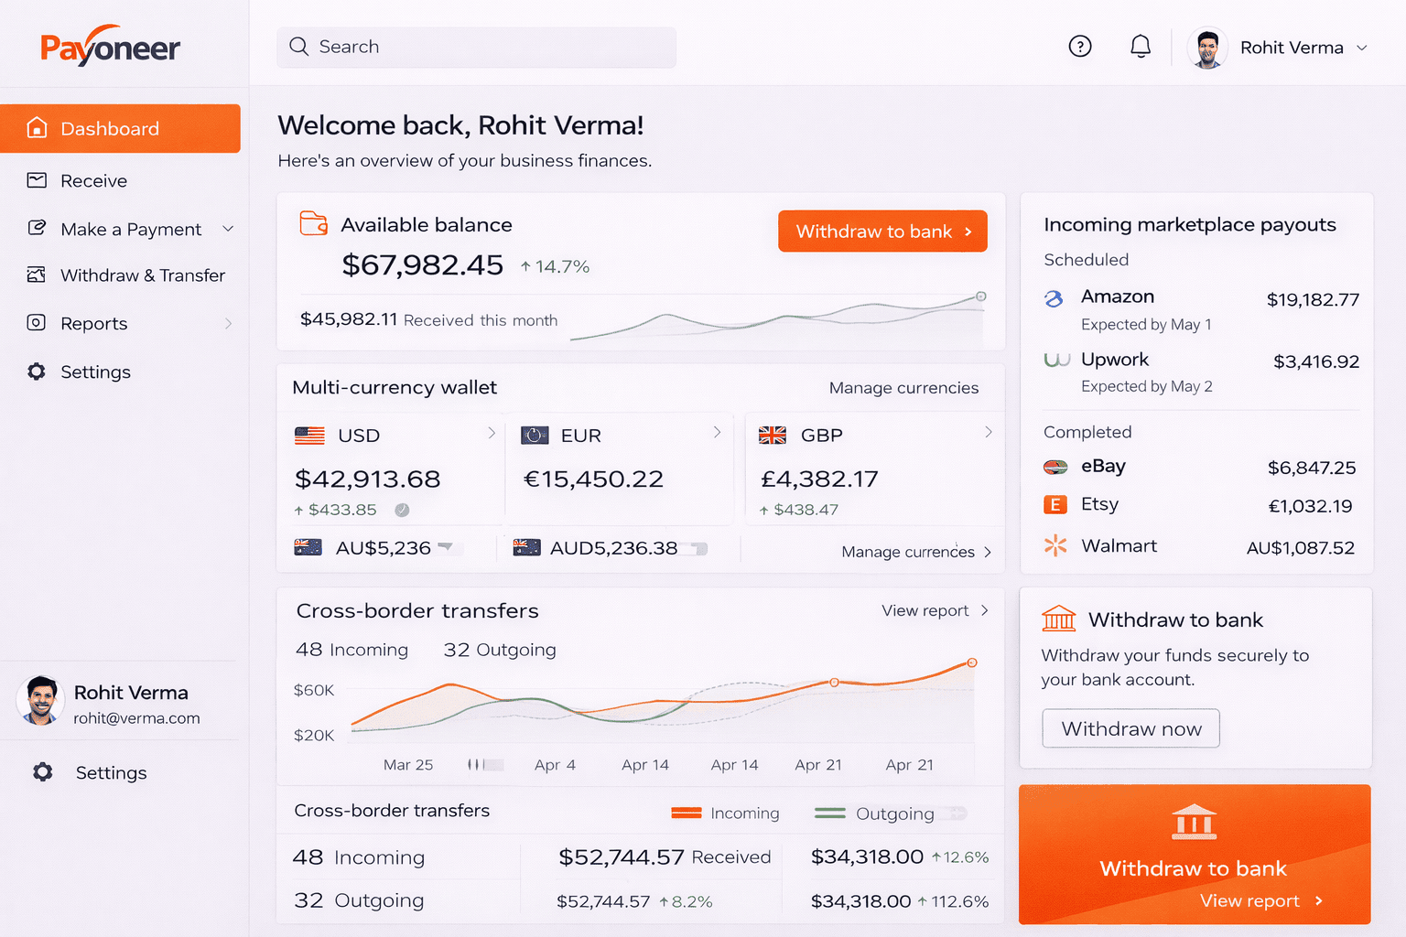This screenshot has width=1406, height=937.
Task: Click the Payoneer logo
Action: coord(110,47)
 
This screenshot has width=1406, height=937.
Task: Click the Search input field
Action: coord(476,47)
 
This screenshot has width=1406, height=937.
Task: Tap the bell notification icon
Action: coord(1140,46)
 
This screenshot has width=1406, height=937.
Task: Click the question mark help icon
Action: coord(1080,46)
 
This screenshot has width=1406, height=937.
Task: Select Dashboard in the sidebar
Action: coord(121,129)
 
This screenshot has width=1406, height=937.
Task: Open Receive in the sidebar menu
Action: coord(93,181)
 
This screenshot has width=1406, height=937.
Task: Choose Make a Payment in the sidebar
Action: coord(130,230)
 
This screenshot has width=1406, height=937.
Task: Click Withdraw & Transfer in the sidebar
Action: coord(142,275)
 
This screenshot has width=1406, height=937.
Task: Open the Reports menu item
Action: coord(93,324)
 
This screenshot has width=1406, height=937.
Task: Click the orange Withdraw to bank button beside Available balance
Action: coord(882,232)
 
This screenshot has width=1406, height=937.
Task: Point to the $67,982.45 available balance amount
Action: coord(422,265)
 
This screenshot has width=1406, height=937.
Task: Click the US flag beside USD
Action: coord(309,436)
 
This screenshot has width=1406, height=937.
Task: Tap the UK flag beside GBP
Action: coord(773,436)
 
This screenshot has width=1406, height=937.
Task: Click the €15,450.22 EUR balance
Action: coord(593,479)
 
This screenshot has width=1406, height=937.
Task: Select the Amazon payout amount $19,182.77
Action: coord(1313,300)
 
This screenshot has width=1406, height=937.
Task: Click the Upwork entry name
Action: coord(1114,360)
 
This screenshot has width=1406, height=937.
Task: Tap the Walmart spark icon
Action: coord(1055,545)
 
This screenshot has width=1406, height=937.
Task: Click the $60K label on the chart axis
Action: coord(314,690)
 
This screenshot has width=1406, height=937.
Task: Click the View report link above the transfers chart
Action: coord(925,610)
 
